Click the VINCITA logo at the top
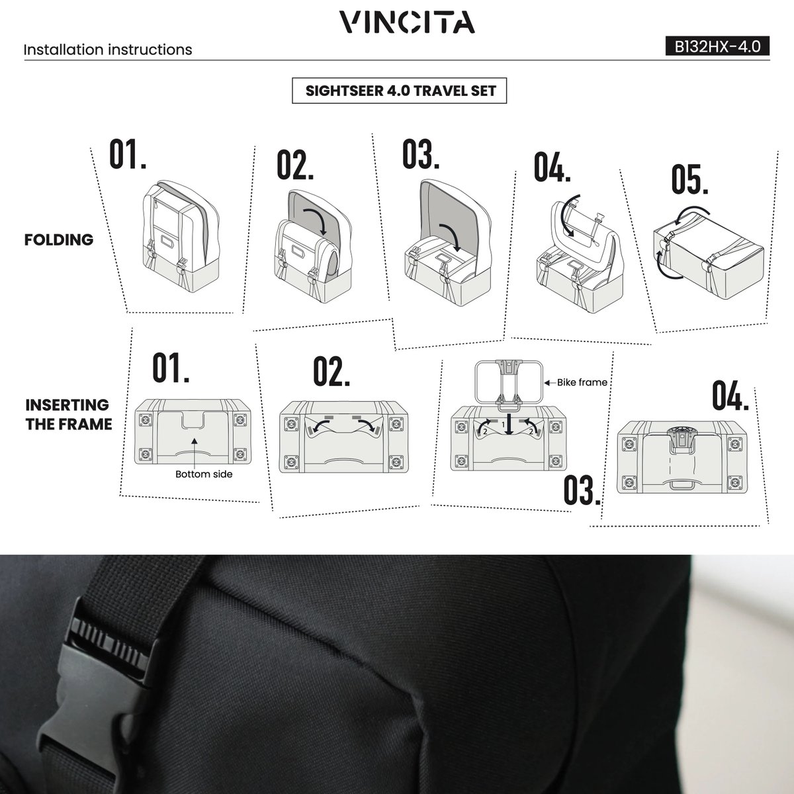point(407,22)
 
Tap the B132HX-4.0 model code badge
point(717,46)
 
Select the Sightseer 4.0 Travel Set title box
point(399,91)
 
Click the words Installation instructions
point(108,50)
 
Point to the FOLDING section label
point(59,240)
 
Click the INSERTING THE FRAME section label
point(68,414)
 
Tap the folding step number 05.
point(689,179)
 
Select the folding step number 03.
point(421,154)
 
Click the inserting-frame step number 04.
point(730,396)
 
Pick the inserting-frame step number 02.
point(331,371)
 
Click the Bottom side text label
point(204,474)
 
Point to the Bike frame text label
point(582,382)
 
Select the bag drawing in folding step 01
point(181,236)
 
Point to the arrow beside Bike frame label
point(550,383)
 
